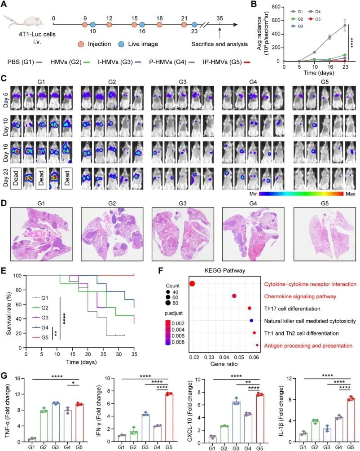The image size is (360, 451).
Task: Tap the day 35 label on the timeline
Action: tap(220, 18)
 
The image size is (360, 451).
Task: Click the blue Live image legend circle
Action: tap(121, 44)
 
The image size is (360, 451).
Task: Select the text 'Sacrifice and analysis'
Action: tap(220, 44)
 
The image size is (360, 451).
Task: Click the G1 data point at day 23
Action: tap(345, 25)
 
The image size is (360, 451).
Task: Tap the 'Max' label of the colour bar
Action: tap(350, 194)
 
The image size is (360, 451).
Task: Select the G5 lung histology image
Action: tap(325, 234)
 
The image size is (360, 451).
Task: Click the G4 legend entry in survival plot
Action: tap(40, 327)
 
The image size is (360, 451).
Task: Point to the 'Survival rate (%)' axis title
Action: tap(9, 314)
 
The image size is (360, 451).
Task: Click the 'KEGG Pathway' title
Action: tap(225, 271)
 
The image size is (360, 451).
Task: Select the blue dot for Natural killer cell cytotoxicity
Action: tap(251, 321)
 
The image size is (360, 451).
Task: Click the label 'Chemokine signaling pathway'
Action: tap(300, 296)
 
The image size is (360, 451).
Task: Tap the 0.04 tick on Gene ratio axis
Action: tap(224, 358)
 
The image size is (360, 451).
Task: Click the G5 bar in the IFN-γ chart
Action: tap(169, 418)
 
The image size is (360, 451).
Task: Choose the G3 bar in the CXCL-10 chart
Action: tap(236, 422)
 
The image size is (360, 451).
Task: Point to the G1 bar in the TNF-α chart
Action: tap(31, 440)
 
